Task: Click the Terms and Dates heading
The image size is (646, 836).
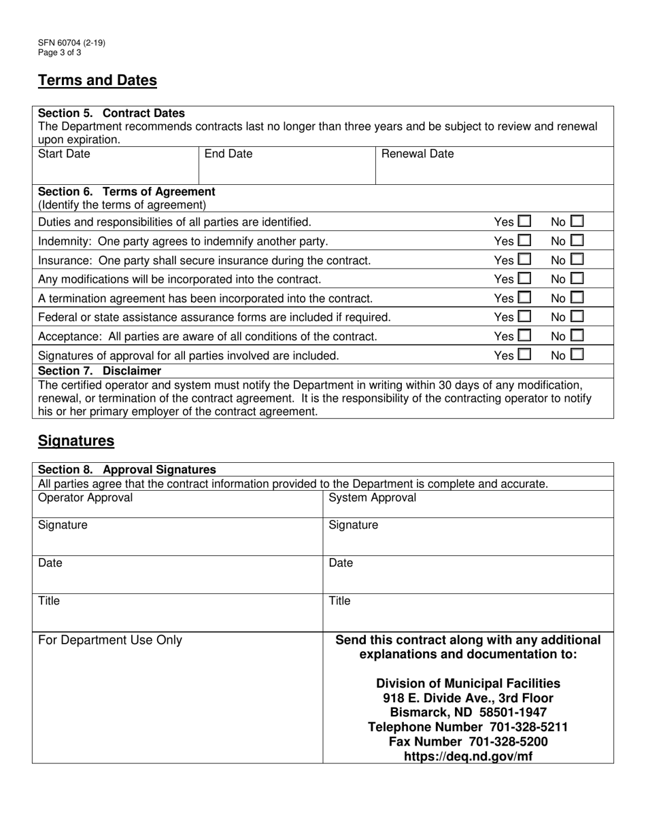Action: [x=97, y=80]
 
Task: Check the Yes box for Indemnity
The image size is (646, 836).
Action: [x=524, y=241]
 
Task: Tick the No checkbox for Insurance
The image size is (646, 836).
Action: [x=577, y=260]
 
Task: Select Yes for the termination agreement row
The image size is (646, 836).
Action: [x=524, y=298]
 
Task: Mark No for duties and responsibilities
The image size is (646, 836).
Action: [x=577, y=222]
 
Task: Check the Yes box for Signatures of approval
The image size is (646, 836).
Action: [x=524, y=354]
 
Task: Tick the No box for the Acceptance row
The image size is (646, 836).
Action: [x=577, y=336]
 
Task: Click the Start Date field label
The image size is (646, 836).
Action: [x=64, y=154]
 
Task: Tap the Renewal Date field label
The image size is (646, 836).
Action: [x=418, y=154]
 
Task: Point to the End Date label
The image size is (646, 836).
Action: [x=228, y=154]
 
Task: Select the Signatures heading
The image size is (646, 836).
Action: [x=76, y=440]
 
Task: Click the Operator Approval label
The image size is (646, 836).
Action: [x=86, y=498]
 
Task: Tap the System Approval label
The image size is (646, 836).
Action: [x=372, y=498]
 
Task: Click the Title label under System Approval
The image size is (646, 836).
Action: [x=340, y=601]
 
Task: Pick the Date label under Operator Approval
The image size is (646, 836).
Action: [x=50, y=563]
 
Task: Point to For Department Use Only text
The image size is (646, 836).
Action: [x=110, y=640]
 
